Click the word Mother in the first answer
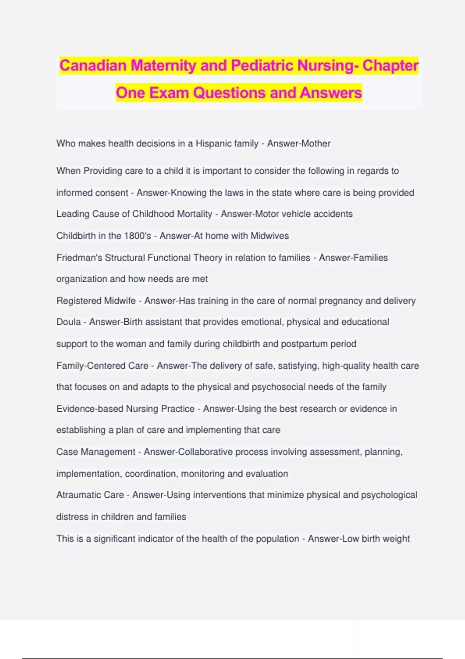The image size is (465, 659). tap(316, 143)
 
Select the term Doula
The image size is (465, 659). tap(69, 322)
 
